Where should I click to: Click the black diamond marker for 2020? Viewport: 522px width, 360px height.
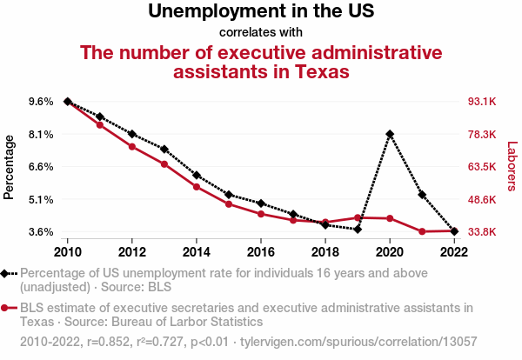(390, 134)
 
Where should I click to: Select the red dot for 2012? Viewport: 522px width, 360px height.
(132, 146)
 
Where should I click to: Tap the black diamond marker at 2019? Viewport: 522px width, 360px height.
(358, 229)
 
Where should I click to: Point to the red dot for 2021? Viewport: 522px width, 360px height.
(422, 231)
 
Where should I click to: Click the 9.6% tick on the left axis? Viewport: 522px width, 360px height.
(41, 102)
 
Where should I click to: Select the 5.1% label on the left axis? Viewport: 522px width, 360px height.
(41, 199)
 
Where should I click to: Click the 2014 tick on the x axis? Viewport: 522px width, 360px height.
(197, 252)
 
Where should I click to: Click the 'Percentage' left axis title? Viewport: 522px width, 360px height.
(10, 167)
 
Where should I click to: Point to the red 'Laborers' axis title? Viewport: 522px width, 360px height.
(512, 167)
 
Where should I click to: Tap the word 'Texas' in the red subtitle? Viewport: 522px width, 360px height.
(317, 71)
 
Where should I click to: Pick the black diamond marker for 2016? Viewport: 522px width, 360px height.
(261, 203)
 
